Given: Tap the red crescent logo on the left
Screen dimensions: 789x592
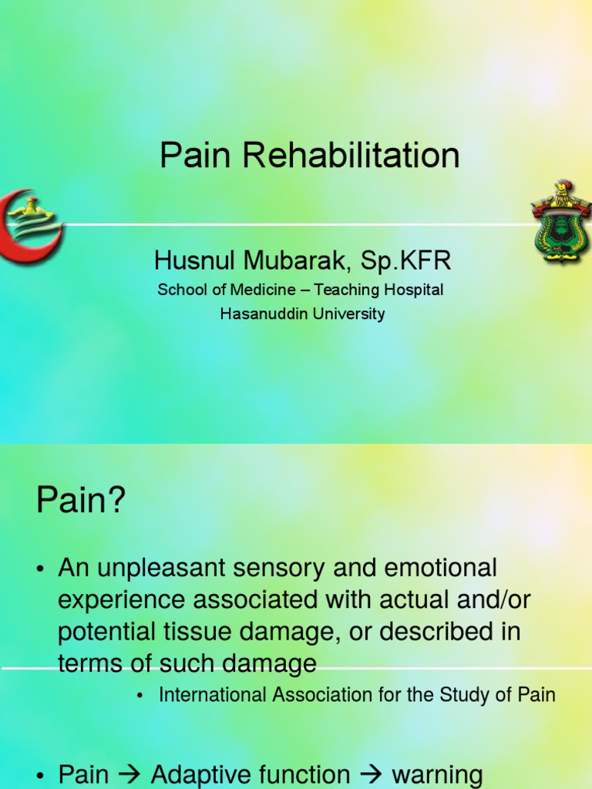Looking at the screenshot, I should coord(29,224).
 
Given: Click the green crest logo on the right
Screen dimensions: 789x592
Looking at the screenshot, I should coord(560,222).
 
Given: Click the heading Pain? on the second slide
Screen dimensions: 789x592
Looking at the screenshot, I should coord(80,502).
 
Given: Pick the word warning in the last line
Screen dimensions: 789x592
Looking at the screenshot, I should coord(437,774).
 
